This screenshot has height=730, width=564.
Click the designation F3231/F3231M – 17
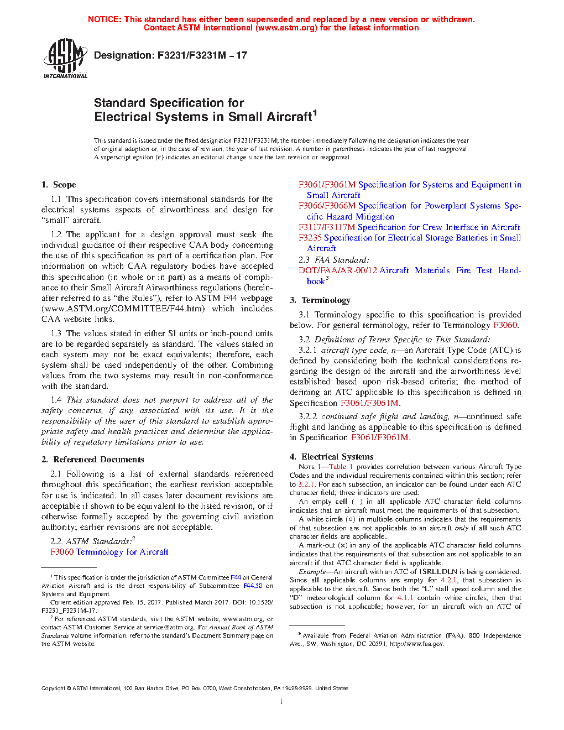click(170, 55)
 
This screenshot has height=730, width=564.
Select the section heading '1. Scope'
click(59, 185)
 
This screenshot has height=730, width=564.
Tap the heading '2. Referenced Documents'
click(92, 460)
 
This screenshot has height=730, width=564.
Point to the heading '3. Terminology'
click(320, 300)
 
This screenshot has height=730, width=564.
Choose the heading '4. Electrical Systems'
click(331, 457)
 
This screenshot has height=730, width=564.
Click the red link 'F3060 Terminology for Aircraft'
click(109, 552)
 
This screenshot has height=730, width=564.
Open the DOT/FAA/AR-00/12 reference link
click(338, 270)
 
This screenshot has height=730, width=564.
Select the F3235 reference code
click(310, 238)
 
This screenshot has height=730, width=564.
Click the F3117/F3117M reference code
click(327, 227)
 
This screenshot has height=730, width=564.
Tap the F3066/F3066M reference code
click(327, 206)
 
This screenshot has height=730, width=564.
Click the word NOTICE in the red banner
click(105, 19)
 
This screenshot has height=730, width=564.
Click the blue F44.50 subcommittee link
click(253, 586)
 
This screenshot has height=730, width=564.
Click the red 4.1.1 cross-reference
click(405, 598)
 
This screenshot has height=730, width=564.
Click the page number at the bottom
click(281, 702)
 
